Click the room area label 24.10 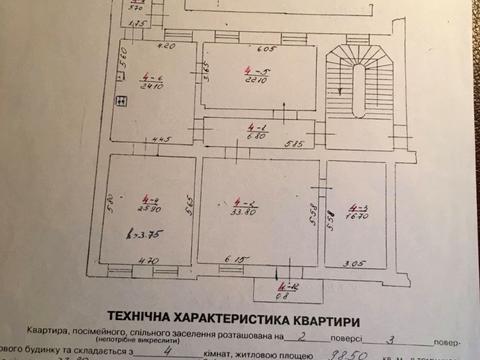tap(153, 84)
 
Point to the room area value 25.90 tap(151, 209)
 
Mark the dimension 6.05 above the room tap(264, 49)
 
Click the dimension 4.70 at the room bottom tap(147, 260)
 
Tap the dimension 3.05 tap(355, 263)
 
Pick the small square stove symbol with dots tap(120, 99)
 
